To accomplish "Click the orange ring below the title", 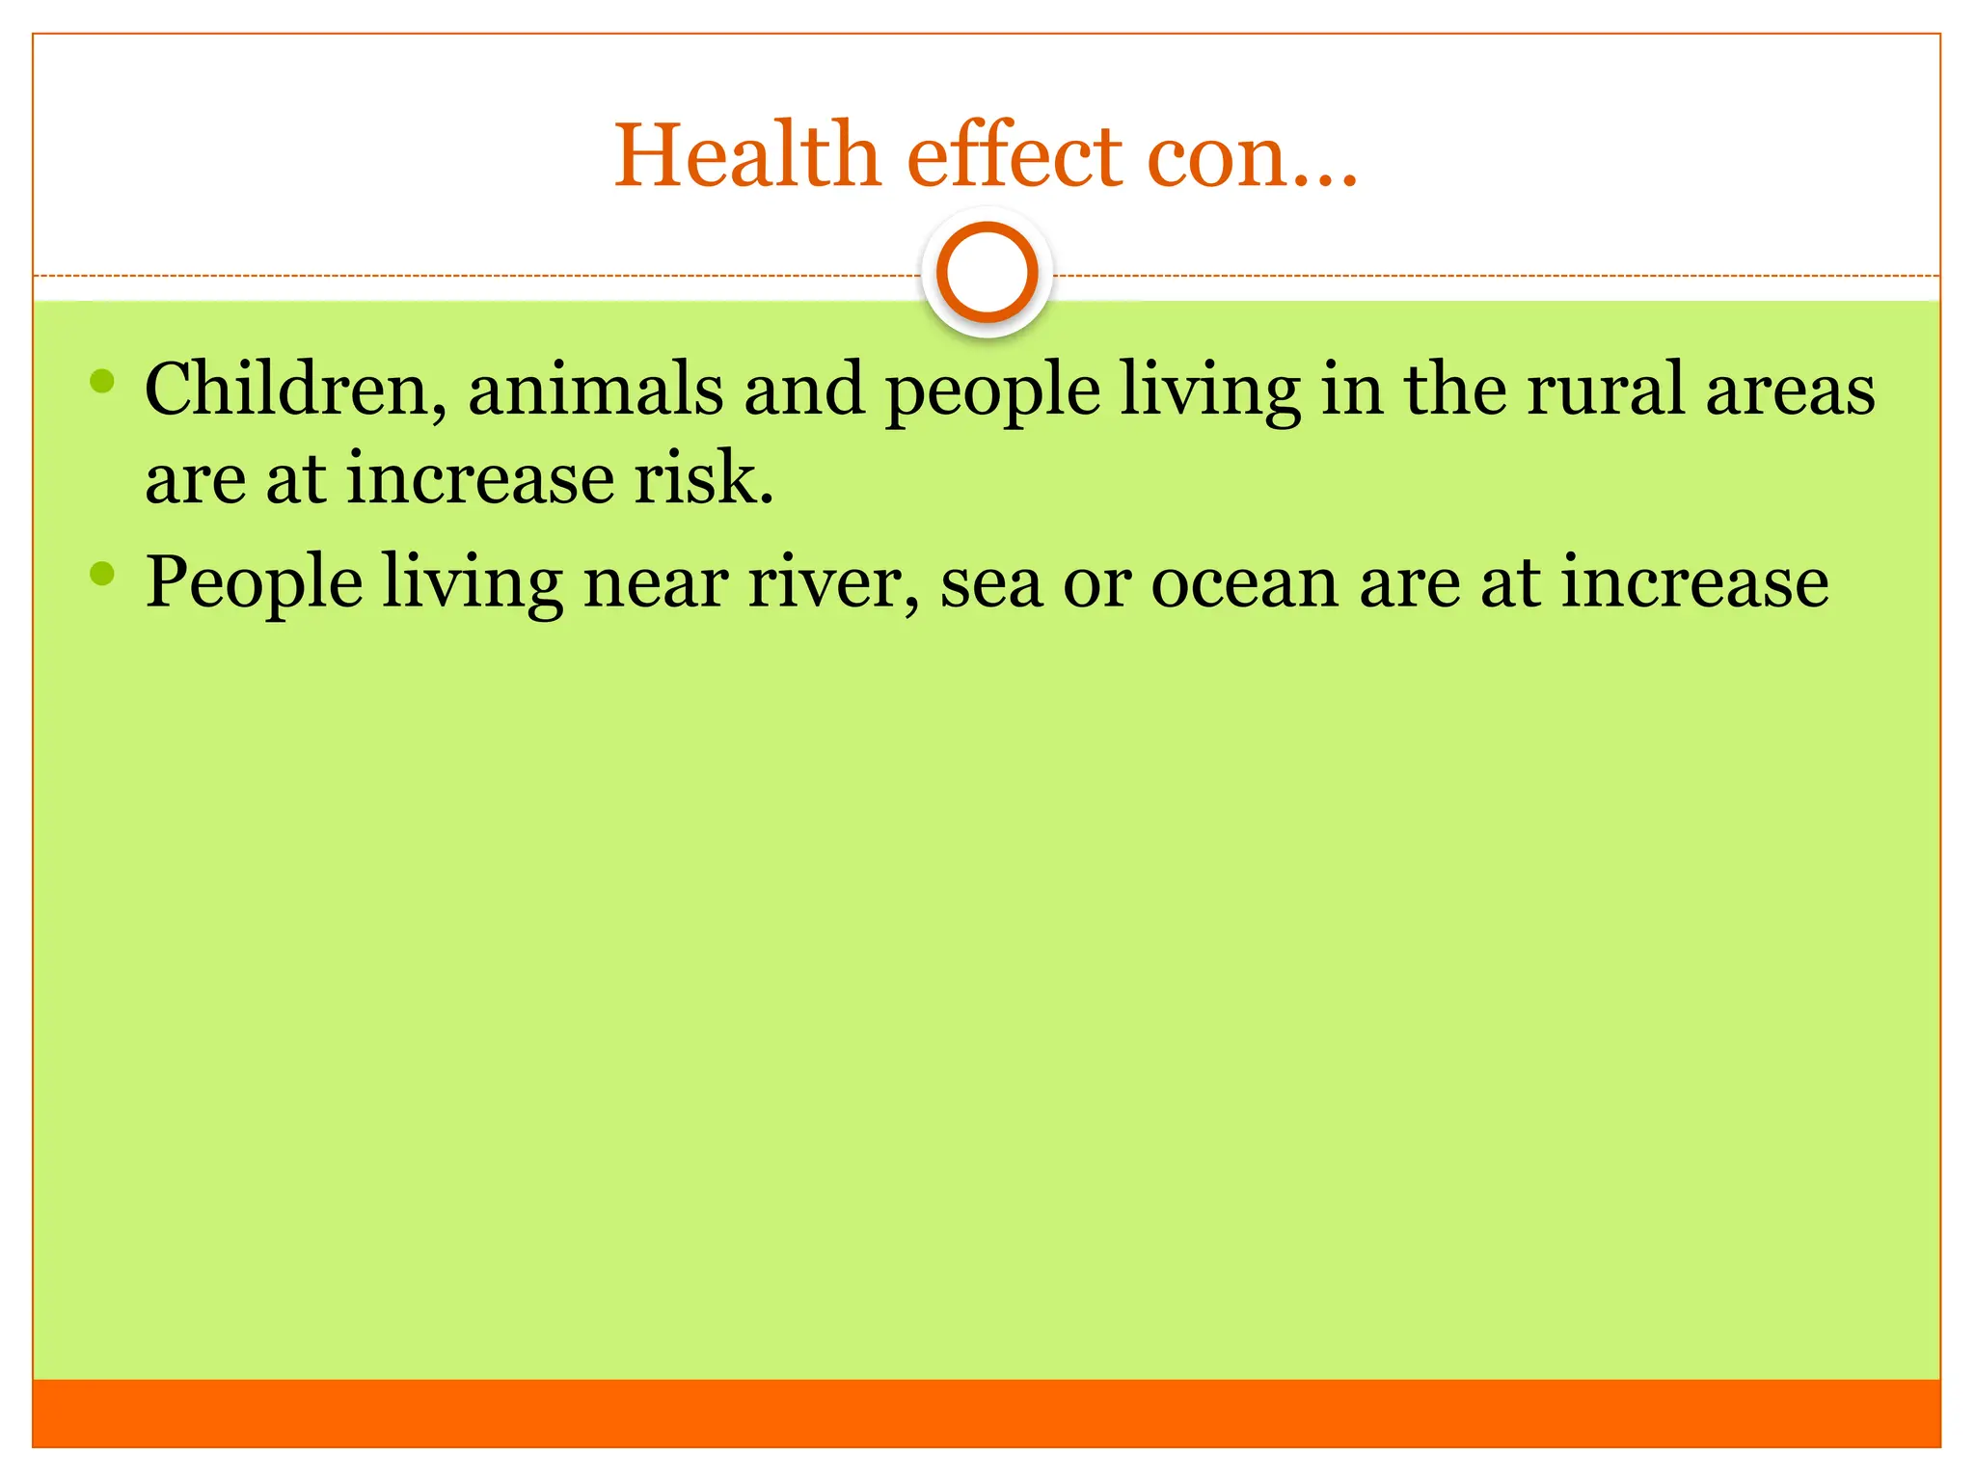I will click(987, 272).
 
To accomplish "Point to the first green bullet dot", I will click(101, 382).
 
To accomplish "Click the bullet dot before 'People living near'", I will click(101, 575).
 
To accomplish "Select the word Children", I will click(296, 389).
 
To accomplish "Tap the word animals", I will click(595, 389).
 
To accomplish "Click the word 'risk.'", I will click(703, 477).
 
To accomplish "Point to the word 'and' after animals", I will click(803, 389).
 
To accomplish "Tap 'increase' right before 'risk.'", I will click(479, 477).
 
